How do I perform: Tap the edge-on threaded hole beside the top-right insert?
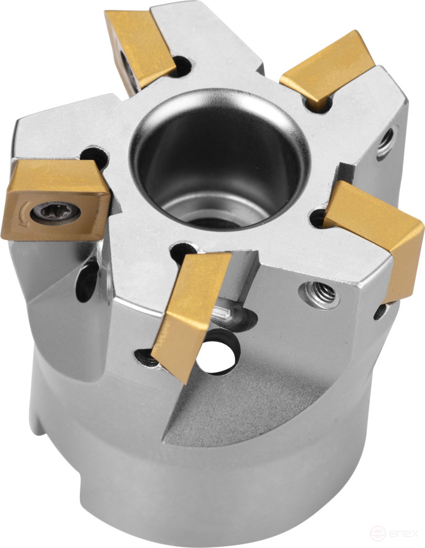(386, 142)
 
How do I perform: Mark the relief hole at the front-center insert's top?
(183, 251)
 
